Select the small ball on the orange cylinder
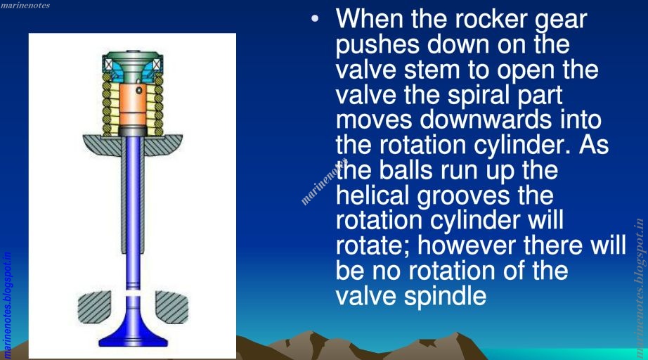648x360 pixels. (140, 91)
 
